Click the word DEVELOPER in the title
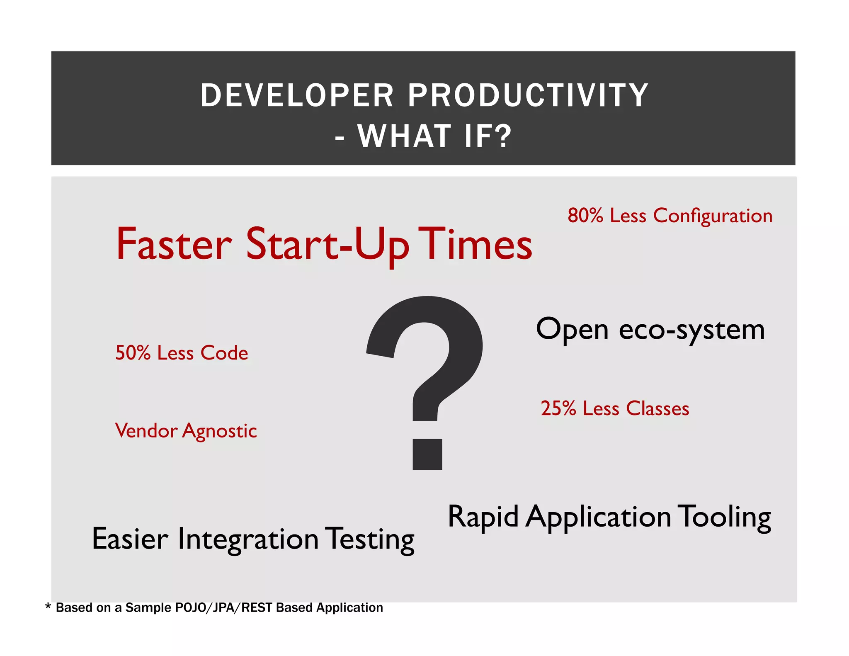[x=297, y=95]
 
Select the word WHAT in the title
[x=404, y=136]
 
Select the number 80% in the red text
[x=585, y=216]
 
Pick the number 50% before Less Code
[x=133, y=353]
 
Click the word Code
[x=224, y=353]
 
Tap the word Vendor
[x=146, y=431]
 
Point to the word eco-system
[x=691, y=330]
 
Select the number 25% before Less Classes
[x=558, y=408]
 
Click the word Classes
[x=657, y=408]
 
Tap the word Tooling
[x=724, y=518]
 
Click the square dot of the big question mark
[x=427, y=454]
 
